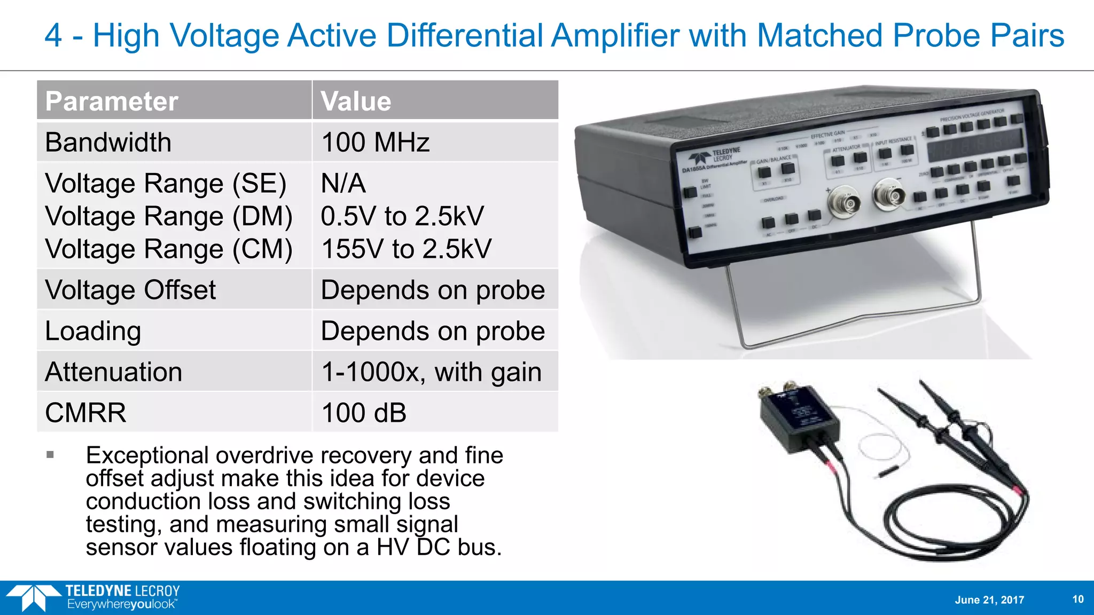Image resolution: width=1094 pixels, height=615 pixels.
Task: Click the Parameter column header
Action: pos(112,101)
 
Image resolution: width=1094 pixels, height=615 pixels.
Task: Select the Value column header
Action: pos(356,101)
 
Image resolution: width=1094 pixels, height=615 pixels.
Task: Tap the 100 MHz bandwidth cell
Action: pos(375,143)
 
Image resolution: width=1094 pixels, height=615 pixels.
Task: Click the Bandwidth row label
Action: pos(108,143)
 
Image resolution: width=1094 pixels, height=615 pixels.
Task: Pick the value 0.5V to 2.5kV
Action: pos(402,216)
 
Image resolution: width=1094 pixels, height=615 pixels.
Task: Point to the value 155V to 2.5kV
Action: pos(406,249)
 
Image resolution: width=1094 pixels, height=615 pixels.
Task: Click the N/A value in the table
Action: pos(343,184)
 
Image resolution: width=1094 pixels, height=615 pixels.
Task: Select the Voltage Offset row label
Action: pos(130,290)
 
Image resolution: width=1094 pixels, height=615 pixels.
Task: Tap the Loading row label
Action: pos(93,331)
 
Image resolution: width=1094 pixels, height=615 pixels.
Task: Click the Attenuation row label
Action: pos(113,372)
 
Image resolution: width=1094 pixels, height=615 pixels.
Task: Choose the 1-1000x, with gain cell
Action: pos(431,372)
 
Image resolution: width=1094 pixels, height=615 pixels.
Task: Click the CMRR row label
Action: pos(85,413)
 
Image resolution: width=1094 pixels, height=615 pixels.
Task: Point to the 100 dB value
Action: pos(364,413)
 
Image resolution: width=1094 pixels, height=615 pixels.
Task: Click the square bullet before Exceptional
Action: pos(50,455)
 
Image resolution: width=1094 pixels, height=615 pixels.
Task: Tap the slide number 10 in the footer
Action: pos(1078,599)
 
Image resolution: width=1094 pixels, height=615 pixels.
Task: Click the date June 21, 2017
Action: pos(989,600)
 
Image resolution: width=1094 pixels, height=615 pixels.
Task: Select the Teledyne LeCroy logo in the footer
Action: pos(93,597)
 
